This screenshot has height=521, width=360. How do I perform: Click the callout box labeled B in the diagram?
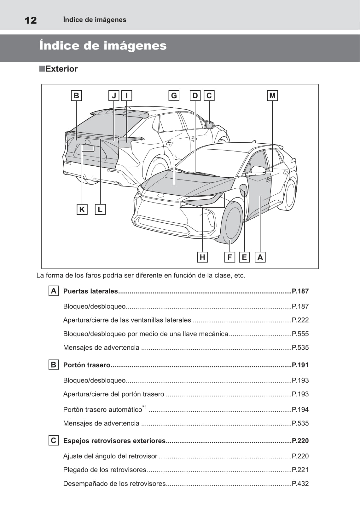pyautogui.click(x=76, y=95)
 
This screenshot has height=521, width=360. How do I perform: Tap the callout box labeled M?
pyautogui.click(x=272, y=95)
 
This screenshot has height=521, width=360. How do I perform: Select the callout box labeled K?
pyautogui.click(x=82, y=209)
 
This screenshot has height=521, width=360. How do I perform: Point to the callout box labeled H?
pyautogui.click(x=202, y=257)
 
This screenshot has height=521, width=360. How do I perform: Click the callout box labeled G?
pyautogui.click(x=174, y=95)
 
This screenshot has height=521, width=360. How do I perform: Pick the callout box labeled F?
pyautogui.click(x=229, y=257)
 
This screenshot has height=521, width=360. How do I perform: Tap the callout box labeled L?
pyautogui.click(x=100, y=209)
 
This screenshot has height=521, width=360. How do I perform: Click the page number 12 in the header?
pyautogui.click(x=31, y=20)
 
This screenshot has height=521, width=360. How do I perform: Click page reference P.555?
pyautogui.click(x=300, y=334)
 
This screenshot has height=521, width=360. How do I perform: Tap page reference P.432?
pyautogui.click(x=300, y=484)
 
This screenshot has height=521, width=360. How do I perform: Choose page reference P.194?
pyautogui.click(x=300, y=409)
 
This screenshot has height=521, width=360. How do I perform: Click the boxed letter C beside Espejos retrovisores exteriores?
pyautogui.click(x=54, y=440)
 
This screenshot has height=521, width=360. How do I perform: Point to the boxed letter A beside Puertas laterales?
pyautogui.click(x=54, y=291)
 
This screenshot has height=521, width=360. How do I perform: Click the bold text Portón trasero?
pyautogui.click(x=87, y=365)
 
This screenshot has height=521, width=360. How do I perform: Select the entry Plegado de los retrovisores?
pyautogui.click(x=105, y=470)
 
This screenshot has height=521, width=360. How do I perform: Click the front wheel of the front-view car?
pyautogui.click(x=233, y=223)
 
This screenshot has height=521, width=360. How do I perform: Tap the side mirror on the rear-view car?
pyautogui.click(x=210, y=125)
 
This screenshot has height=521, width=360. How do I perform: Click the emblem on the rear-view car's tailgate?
pyautogui.click(x=88, y=142)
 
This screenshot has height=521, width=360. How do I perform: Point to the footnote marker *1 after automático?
pyautogui.click(x=145, y=407)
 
